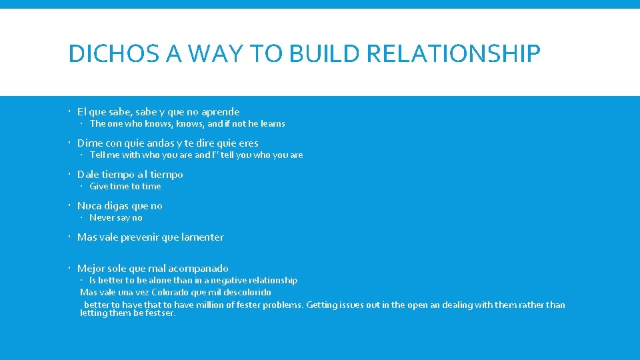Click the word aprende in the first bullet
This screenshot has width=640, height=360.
(220, 112)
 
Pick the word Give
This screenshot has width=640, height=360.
(99, 186)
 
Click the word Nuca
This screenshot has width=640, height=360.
(89, 206)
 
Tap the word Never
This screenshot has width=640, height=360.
(102, 217)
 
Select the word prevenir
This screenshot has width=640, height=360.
(151, 237)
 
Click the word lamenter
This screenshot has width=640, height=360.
(203, 237)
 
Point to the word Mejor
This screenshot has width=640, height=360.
(91, 269)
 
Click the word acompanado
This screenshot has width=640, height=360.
(198, 269)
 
